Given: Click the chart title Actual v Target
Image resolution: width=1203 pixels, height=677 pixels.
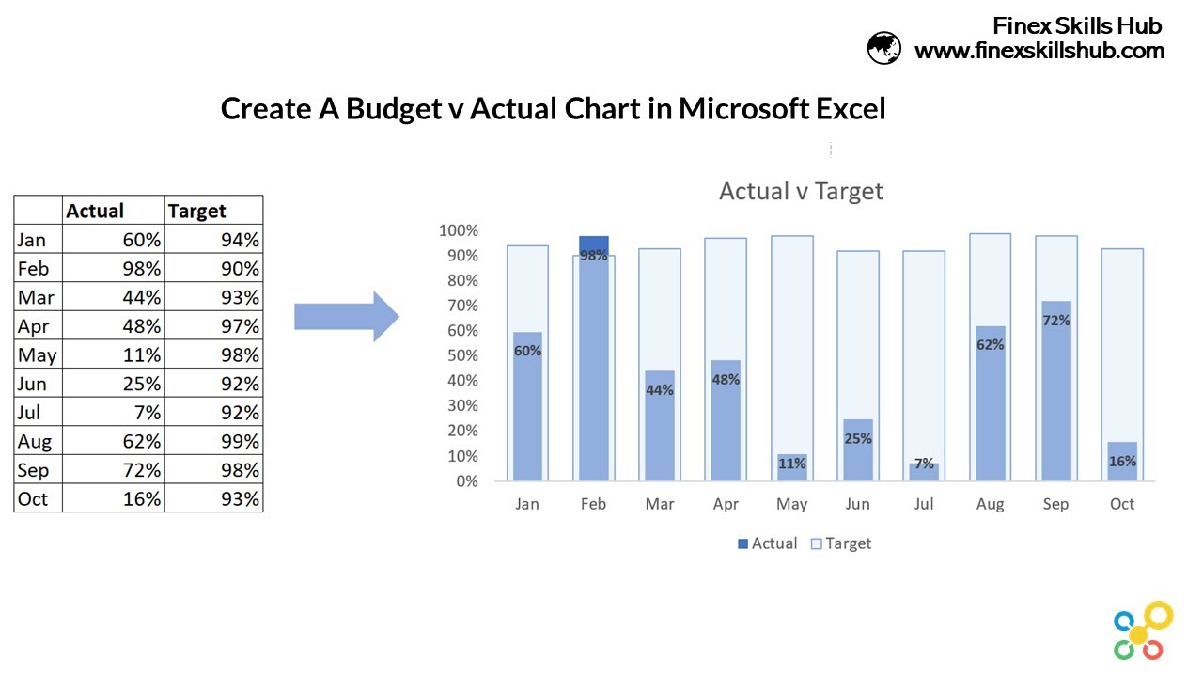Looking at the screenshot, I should [x=801, y=192].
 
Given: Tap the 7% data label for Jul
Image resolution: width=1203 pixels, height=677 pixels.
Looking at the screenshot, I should [x=924, y=464].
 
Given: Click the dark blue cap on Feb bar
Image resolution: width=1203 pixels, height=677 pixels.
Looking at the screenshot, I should [x=593, y=244].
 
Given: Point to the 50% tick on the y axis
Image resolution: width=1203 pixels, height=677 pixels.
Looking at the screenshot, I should [x=459, y=356].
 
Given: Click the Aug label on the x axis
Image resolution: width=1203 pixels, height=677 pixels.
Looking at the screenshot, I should [x=990, y=505].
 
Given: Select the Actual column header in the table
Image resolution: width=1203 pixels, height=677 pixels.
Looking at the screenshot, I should [x=95, y=211].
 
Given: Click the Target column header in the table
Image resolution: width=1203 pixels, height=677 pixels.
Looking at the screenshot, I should [x=197, y=211].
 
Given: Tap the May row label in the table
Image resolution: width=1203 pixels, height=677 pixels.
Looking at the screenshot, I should [x=37, y=355].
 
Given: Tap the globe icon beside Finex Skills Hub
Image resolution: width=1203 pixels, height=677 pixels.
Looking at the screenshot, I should [x=883, y=47].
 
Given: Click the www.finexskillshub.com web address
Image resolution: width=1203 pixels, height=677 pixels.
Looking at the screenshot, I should [x=1039, y=51].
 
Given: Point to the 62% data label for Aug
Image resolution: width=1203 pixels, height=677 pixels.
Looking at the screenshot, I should [x=990, y=345].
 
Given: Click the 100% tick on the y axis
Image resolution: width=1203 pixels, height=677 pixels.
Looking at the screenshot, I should [x=459, y=231].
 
